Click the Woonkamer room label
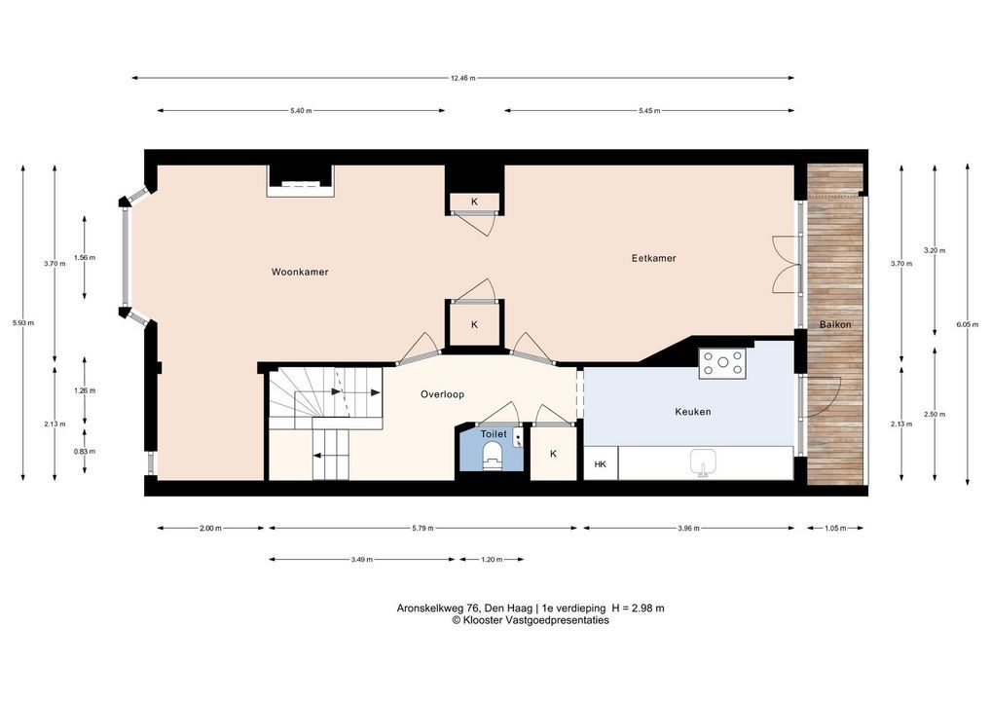coord(300,272)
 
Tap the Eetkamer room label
coord(653,258)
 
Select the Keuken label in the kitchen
coord(693,412)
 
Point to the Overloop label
coord(442,394)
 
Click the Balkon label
coord(835,324)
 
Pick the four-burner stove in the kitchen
coord(722,363)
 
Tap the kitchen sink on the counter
coord(702,462)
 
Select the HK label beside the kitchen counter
coord(600,464)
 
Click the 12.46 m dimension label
coord(462,79)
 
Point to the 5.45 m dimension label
coord(649,111)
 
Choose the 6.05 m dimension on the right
coord(967,324)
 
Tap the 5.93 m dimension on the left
coord(22,323)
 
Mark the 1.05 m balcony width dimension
coord(835,528)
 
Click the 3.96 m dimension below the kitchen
coord(688,528)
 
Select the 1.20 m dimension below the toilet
coord(492,560)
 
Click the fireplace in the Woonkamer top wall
coord(300,181)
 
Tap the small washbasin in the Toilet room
coord(518,437)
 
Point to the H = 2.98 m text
coord(638,609)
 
